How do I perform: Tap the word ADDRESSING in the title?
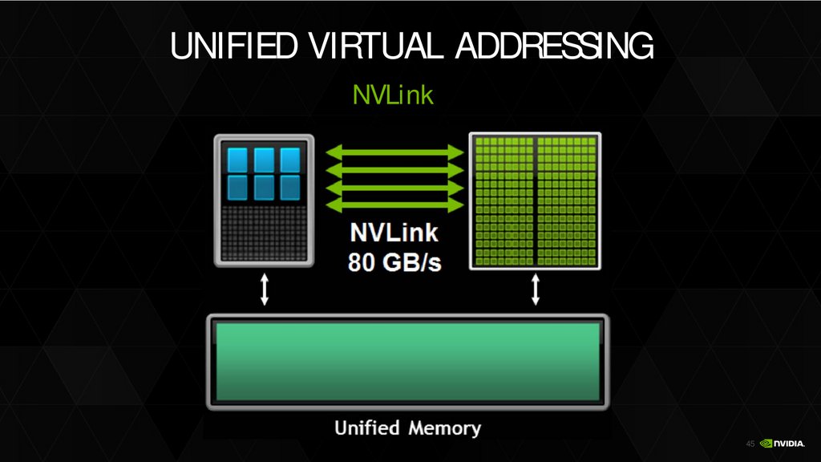click(x=553, y=48)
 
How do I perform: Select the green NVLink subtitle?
click(x=393, y=96)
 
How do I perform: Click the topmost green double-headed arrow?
click(x=394, y=152)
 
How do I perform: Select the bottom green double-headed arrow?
click(x=394, y=206)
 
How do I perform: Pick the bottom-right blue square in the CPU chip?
click(x=289, y=187)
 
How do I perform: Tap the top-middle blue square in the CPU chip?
click(x=264, y=159)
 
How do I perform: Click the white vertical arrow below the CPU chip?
click(x=264, y=290)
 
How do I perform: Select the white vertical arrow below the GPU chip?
click(x=536, y=290)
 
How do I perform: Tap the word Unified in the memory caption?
click(x=366, y=428)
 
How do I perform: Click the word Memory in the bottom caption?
click(x=445, y=428)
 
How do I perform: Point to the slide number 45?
click(x=750, y=444)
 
